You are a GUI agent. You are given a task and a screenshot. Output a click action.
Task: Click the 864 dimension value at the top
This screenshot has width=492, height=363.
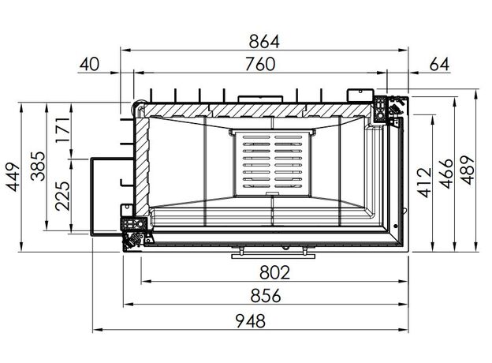pos(264,42)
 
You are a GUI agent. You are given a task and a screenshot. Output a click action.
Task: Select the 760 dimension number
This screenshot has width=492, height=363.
pos(260,64)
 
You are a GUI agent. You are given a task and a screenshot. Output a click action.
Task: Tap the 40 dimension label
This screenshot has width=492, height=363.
pos(89,64)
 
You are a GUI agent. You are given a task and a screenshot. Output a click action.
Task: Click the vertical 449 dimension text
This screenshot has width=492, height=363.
pos(13,177)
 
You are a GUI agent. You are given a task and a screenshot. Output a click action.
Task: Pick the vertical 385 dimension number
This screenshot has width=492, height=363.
pos(38,167)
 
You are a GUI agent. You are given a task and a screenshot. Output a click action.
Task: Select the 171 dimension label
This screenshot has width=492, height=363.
pos(62,130)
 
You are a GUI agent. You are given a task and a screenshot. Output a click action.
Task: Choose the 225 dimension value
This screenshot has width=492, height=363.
pos(62,196)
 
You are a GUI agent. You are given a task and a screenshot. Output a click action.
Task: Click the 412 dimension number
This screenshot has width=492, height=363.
pos(426,183)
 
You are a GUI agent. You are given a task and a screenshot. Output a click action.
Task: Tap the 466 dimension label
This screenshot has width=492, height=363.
pos(446,174)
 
